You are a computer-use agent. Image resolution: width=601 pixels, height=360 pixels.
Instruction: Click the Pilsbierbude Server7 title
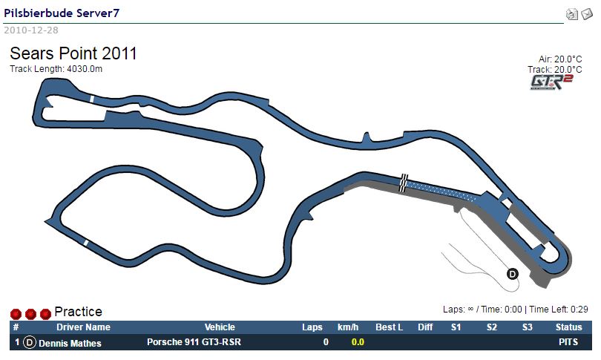(x=62, y=13)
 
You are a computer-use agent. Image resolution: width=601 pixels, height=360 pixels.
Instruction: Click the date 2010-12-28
(x=31, y=30)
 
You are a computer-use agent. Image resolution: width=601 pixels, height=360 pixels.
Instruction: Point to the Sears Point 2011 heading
(x=73, y=53)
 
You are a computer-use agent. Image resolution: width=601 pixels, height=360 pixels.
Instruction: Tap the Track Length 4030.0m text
(x=56, y=69)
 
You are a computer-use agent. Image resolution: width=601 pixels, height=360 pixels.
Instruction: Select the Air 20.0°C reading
(x=560, y=59)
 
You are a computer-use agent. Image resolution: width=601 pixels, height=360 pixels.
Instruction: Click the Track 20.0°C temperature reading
(x=554, y=69)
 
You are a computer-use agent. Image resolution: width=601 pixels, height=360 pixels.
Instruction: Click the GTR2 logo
(x=551, y=82)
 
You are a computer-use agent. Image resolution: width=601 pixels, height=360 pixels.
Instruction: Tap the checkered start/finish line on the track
(x=403, y=183)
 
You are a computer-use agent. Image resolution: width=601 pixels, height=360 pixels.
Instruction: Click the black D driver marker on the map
(x=513, y=274)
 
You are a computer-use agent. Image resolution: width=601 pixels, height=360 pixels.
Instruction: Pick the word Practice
(x=78, y=312)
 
